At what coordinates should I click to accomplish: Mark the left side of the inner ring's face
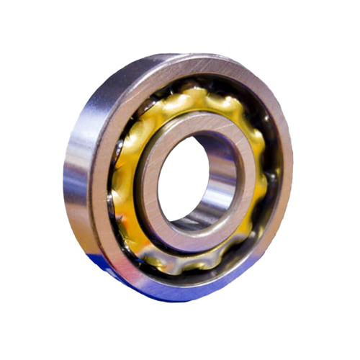[147, 180]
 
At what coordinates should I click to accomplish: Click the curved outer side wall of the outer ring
[76, 180]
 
